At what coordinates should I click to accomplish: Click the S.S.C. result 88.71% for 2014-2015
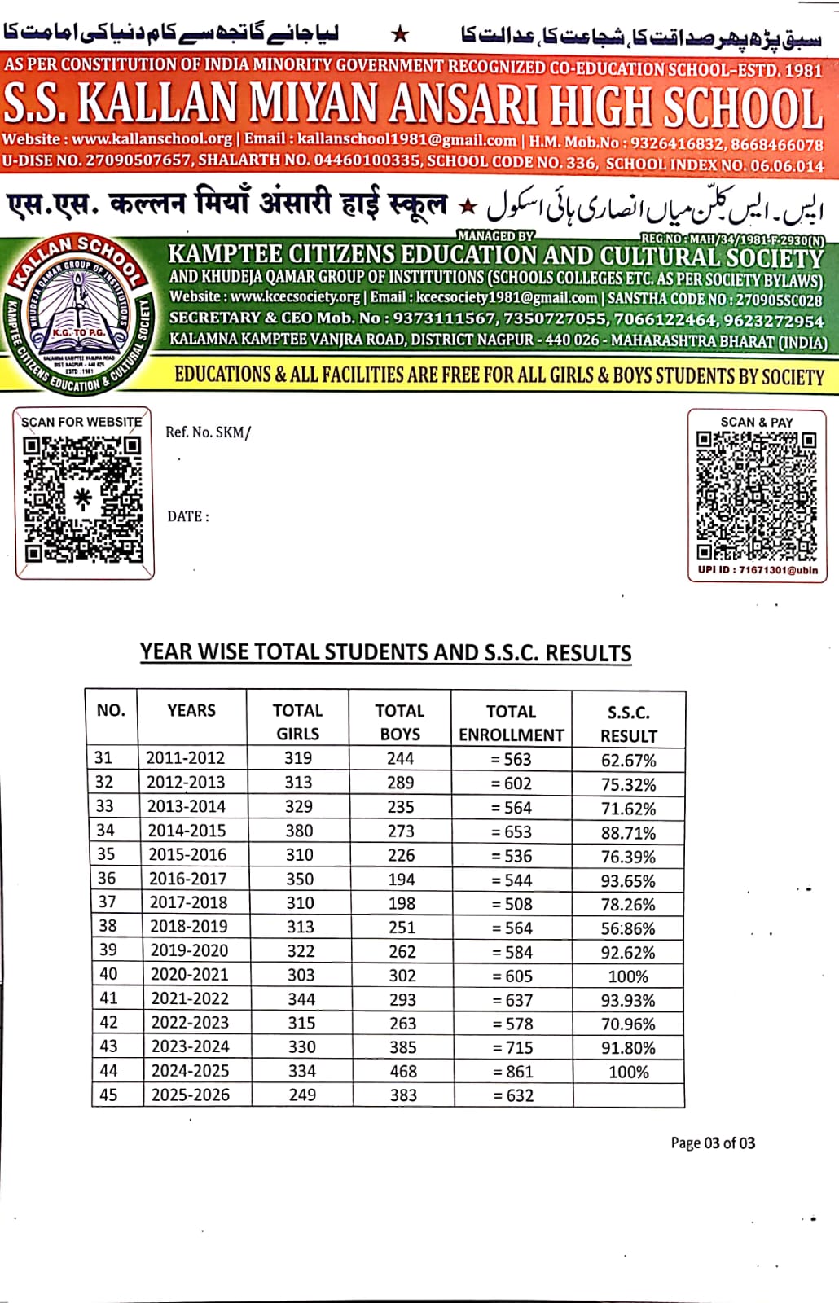[628, 833]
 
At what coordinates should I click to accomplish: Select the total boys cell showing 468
[403, 1071]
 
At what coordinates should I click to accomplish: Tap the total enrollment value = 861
[513, 1072]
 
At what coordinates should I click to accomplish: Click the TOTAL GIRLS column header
[298, 722]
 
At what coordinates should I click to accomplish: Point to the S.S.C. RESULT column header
[628, 724]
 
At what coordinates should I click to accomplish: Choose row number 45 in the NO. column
[108, 1095]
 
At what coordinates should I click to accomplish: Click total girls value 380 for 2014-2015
[299, 831]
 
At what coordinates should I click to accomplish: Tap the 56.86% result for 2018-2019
[628, 928]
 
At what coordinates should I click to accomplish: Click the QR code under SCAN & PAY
[756, 495]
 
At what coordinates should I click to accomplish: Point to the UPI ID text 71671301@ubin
[758, 570]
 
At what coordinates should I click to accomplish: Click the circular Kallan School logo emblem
[78, 314]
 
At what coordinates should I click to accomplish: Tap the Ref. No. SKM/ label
[208, 432]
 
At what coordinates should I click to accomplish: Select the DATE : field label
[188, 516]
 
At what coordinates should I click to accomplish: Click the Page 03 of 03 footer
[713, 1143]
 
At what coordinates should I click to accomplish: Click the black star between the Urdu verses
[399, 34]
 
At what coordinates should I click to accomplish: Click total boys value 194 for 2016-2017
[401, 880]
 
